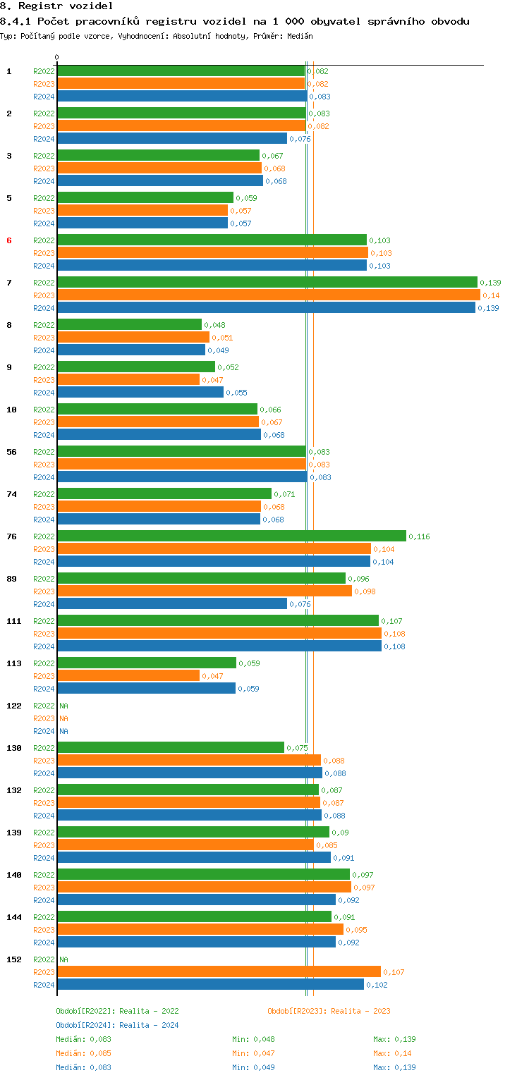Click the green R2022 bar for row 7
(267, 283)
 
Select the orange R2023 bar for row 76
(214, 549)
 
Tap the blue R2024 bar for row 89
(172, 604)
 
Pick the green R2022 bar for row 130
(171, 748)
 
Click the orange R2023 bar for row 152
(219, 972)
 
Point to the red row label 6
(9, 240)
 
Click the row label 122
(13, 706)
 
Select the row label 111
(13, 621)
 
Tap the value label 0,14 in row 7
(491, 295)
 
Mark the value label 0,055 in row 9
(236, 393)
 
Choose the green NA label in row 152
(63, 959)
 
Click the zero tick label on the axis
(57, 57)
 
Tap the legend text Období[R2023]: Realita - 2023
(329, 1011)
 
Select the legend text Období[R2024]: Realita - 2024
(117, 1025)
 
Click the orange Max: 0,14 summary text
(392, 1053)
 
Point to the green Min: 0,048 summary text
(255, 1039)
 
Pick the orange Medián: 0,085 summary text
(83, 1053)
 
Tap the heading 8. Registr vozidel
(56, 6)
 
